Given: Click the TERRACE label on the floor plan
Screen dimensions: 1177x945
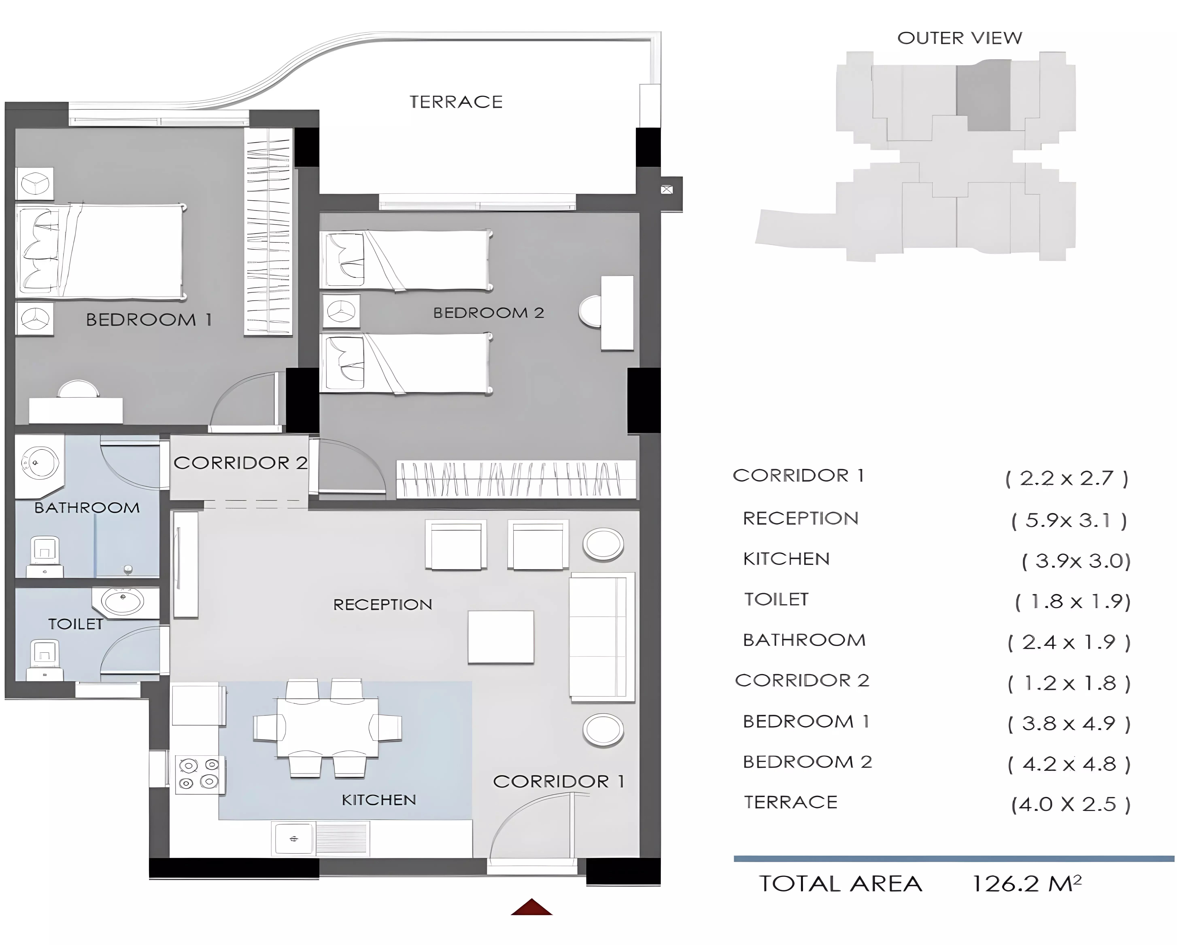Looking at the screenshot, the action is [456, 102].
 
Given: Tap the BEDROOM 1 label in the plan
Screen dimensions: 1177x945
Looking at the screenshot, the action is [149, 320].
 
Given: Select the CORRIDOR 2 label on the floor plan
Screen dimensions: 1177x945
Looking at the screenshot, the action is [240, 463].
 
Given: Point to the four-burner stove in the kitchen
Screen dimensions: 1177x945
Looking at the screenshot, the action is [199, 775].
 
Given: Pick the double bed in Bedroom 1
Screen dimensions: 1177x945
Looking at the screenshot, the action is [100, 252].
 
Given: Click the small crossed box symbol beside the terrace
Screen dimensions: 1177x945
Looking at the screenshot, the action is [667, 190].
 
